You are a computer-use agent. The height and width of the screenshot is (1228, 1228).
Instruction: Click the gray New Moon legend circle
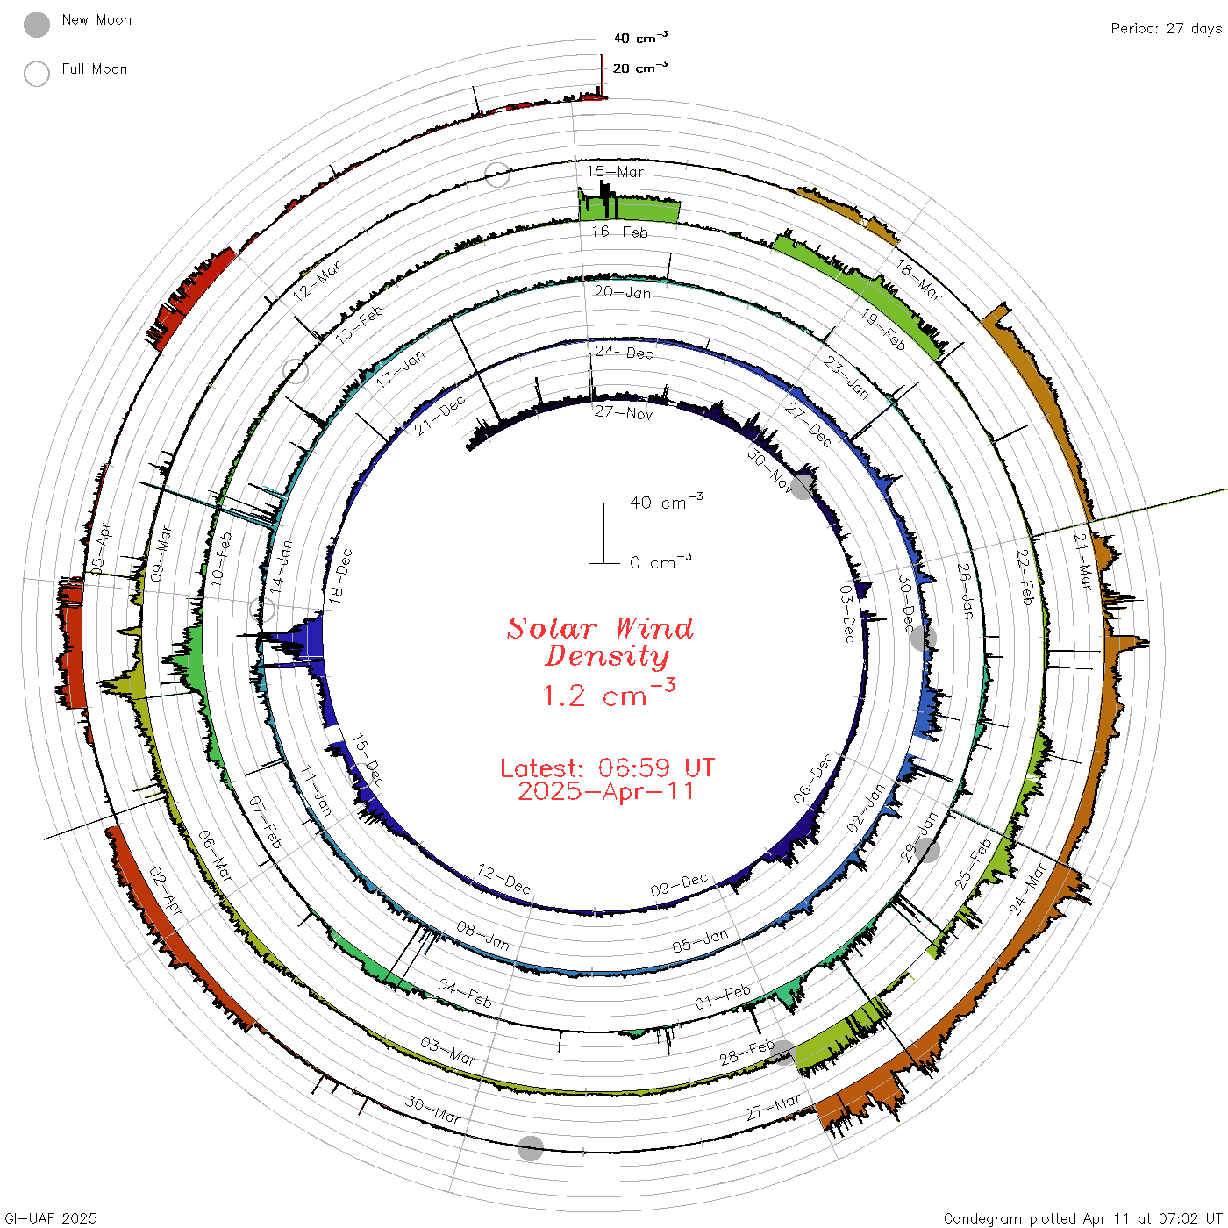[x=36, y=25]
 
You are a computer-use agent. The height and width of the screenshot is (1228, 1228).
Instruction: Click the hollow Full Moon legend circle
[x=36, y=74]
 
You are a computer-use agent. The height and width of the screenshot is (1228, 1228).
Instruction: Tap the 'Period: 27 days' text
[x=1167, y=29]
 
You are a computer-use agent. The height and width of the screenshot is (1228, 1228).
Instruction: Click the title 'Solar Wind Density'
[x=600, y=642]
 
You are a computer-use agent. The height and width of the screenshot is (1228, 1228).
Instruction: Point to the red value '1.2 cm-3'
[x=608, y=693]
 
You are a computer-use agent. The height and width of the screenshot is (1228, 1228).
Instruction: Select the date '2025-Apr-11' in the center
[x=605, y=791]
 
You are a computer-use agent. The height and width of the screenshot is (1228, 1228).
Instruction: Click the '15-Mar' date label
[x=615, y=171]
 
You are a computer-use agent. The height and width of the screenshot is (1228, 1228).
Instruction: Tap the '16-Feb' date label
[x=619, y=232]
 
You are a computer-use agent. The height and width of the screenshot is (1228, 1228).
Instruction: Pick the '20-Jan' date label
[x=623, y=292]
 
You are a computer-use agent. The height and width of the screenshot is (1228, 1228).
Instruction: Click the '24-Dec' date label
[x=624, y=353]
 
